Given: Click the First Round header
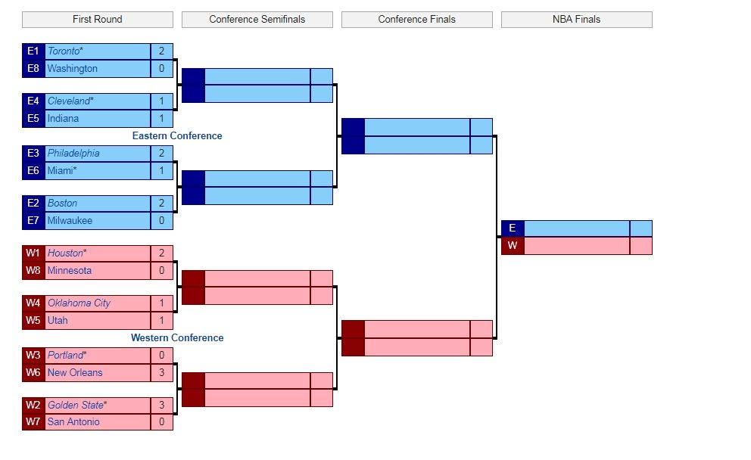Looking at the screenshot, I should pos(97,19).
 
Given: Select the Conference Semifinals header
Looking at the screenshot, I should pos(257,19).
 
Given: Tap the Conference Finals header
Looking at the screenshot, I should pos(416,19).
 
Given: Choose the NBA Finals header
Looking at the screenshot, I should pos(576,19).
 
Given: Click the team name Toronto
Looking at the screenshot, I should pos(65,51).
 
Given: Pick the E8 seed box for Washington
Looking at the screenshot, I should pos(33,69).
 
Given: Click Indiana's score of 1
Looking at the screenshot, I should pos(161,119).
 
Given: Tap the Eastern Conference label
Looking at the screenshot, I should pos(177,136).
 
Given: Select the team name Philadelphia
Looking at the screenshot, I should pos(73,154).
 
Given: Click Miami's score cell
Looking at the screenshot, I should pos(161,171).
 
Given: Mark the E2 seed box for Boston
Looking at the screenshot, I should pos(33,204).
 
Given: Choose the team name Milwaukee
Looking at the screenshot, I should pos(70,221).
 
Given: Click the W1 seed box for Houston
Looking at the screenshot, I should pos(33,253).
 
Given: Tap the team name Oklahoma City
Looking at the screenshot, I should pos(79,303).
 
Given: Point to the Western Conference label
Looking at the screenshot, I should pos(177,338).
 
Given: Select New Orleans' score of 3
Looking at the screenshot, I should pos(161,373).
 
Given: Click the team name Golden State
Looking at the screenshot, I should pos(76,406).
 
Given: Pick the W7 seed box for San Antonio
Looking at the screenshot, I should pos(33,422).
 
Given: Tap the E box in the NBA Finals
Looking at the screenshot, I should pos(513,228).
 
